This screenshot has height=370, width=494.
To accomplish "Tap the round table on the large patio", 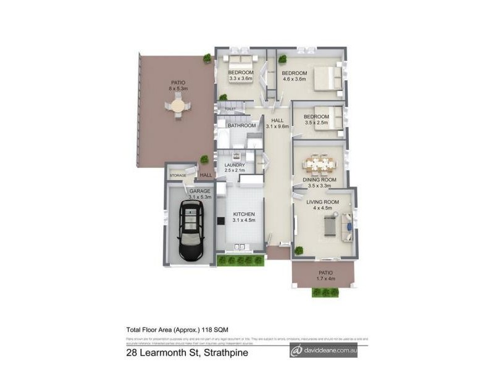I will coord(178,109).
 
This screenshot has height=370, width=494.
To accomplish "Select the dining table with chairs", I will coord(319,165).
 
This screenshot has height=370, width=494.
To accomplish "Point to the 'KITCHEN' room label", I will coord(244,214).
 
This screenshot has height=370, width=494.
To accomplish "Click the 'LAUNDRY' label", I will coord(235,165).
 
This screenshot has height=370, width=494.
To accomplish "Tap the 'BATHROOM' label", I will coord(241,126).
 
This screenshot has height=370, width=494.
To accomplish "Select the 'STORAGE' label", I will coord(178,176).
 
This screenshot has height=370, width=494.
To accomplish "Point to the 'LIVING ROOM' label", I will coord(323,202).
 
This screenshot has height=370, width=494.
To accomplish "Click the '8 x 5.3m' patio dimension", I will coord(178,89).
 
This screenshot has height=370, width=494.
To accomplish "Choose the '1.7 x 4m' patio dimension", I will coord(325,279).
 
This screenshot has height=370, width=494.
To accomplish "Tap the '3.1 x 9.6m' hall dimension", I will coord(277,126).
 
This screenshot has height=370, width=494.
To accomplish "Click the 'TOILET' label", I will coord(230,109).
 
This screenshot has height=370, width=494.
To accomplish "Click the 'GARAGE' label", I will coord(199,191).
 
